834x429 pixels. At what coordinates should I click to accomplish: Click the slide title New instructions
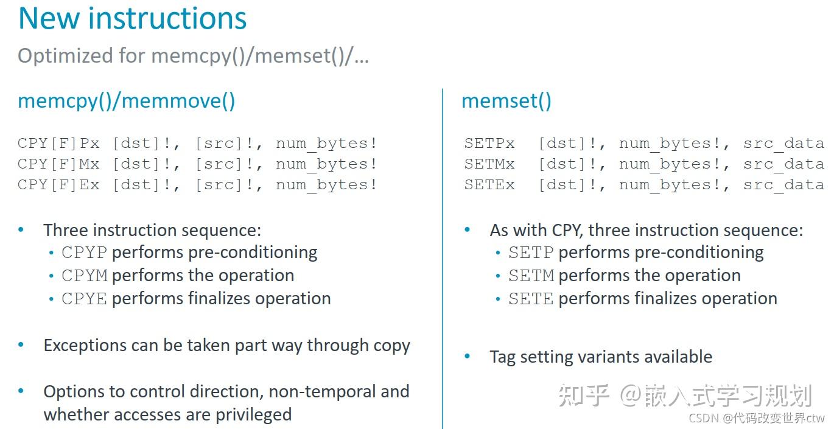point(132,18)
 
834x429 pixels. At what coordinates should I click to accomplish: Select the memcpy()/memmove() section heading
point(126,100)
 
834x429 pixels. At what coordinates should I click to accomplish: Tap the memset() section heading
point(506,100)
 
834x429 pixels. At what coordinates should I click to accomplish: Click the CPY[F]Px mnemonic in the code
point(58,144)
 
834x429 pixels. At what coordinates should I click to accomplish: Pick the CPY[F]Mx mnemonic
point(58,164)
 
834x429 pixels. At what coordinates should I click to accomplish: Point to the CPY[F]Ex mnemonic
point(58,185)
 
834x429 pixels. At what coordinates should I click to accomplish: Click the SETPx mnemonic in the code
point(489,144)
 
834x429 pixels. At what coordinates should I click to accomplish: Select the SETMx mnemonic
point(489,164)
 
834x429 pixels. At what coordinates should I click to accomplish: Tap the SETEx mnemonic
point(489,185)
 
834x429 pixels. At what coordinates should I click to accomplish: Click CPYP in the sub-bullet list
point(84,253)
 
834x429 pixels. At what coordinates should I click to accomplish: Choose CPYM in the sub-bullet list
point(84,276)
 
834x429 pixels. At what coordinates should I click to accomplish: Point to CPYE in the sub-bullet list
point(84,299)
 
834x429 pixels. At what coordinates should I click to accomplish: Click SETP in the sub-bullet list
point(531,253)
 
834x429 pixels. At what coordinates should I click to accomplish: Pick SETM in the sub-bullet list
point(531,276)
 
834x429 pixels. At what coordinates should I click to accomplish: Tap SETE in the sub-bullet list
point(531,299)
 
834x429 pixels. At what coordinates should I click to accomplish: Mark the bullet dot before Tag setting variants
point(468,357)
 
